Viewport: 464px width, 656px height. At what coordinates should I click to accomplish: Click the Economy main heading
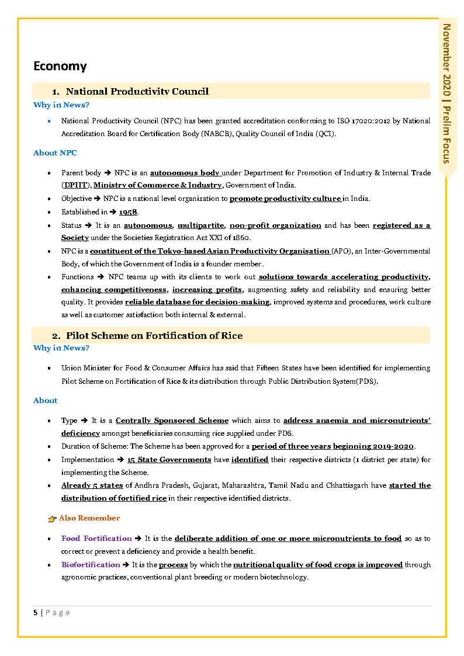[60, 66]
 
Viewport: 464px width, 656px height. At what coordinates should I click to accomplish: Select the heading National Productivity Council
[137, 91]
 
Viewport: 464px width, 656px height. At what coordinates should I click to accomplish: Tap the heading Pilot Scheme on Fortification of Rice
[154, 335]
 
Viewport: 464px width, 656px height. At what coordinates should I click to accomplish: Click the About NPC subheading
[55, 153]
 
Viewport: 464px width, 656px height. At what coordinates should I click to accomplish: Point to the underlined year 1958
[128, 212]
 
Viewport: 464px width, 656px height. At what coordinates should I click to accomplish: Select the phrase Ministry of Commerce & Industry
[158, 185]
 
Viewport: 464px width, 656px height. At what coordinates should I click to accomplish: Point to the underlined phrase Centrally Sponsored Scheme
[172, 421]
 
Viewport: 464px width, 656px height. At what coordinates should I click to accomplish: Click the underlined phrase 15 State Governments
[169, 460]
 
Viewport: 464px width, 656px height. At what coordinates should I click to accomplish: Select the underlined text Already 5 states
[92, 485]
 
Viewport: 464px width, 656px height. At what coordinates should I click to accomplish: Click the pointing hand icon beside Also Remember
[52, 519]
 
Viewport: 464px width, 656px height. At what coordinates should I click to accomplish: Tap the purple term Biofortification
[91, 565]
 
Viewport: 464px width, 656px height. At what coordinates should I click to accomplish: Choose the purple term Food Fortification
[96, 539]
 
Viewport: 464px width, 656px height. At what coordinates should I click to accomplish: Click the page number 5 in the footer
[36, 613]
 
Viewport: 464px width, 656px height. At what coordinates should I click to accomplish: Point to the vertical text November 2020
[447, 56]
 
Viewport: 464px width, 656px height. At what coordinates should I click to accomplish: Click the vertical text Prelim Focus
[447, 134]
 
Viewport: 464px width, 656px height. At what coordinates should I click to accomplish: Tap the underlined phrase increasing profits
[207, 290]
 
